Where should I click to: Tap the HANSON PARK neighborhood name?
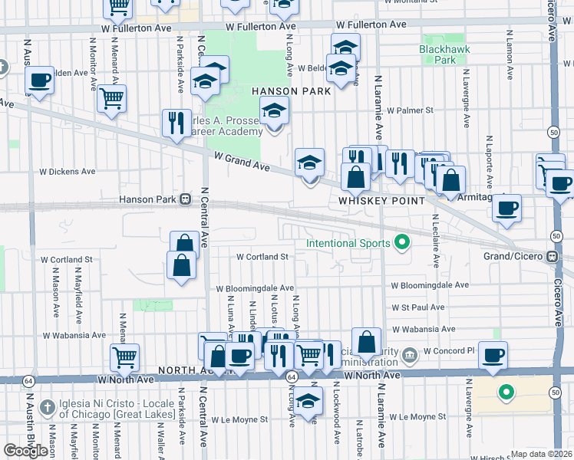pos(291,91)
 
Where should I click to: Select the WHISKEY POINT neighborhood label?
pos(381,200)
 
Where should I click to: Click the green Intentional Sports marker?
pos(401,244)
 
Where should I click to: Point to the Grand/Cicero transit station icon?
pos(552,257)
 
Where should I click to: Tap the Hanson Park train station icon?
pos(185,200)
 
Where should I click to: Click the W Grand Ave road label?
pos(242,162)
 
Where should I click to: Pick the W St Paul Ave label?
pos(417,307)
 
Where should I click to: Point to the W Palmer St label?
pos(409,110)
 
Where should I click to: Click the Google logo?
pos(26,450)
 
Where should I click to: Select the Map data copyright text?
pos(541,454)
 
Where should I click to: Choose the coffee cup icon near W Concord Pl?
pos(493,354)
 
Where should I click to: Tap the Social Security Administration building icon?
pos(410,353)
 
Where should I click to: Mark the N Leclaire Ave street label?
pos(435,240)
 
